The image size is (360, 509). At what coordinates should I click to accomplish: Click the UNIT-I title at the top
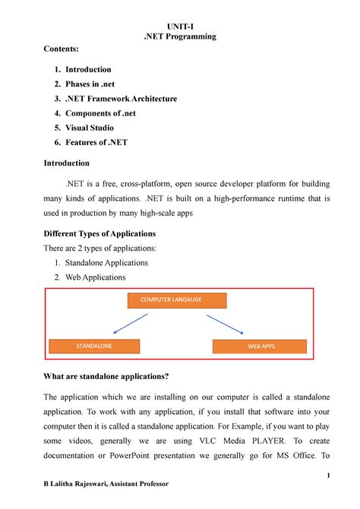[x=180, y=24]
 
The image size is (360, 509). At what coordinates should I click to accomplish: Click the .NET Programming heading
[x=180, y=37]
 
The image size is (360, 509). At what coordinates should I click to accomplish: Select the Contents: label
[x=62, y=51]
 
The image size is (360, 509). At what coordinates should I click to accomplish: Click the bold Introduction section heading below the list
[x=67, y=163]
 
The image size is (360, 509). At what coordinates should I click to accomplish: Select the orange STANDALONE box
[x=94, y=346]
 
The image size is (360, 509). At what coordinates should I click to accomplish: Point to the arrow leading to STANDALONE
[x=130, y=322]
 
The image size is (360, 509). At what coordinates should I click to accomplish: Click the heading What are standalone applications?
[x=110, y=378]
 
